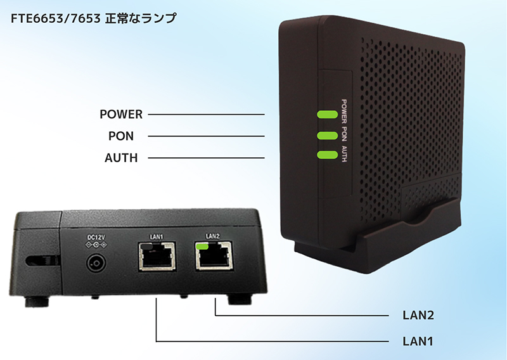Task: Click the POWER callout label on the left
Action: (121, 115)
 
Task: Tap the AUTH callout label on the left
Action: (121, 157)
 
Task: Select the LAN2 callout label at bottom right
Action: (418, 315)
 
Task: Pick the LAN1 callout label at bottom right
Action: (418, 341)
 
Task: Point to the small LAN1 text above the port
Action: (157, 237)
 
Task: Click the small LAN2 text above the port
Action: (213, 236)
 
